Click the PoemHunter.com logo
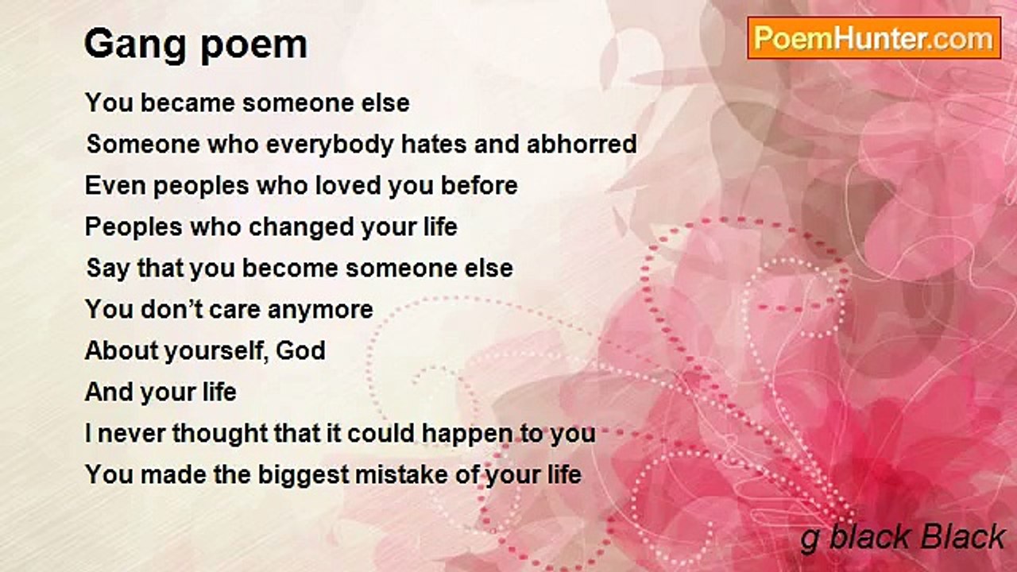[x=874, y=38]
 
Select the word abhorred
[x=582, y=144]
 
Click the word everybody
[x=330, y=145]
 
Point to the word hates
[x=434, y=144]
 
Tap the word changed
[x=301, y=227]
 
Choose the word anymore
[x=320, y=311]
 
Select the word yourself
[x=214, y=351]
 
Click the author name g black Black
[x=903, y=538]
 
